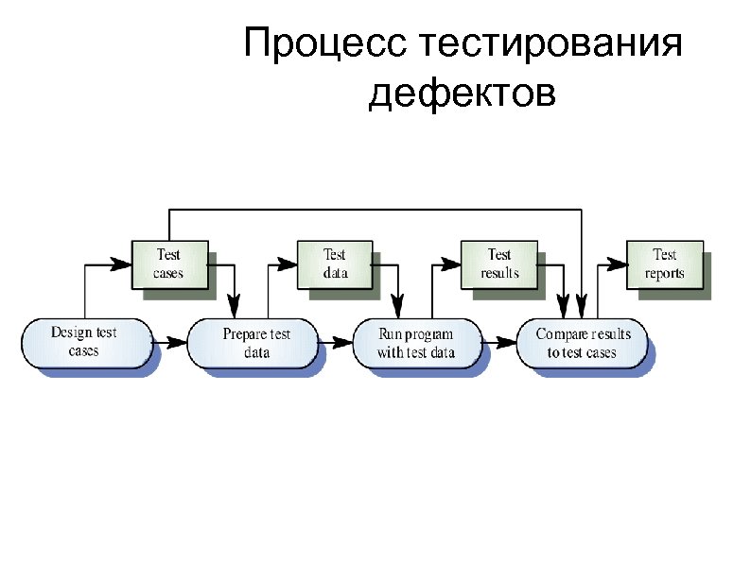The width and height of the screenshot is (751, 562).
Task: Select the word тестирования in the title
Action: click(x=547, y=44)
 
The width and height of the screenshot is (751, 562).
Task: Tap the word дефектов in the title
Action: click(x=462, y=94)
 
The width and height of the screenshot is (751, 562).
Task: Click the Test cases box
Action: click(x=168, y=264)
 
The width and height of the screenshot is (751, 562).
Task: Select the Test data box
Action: click(x=335, y=264)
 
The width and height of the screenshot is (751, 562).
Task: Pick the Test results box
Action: click(x=498, y=264)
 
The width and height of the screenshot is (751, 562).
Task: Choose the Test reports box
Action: click(x=665, y=264)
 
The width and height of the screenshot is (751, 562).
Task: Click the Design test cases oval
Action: click(x=84, y=342)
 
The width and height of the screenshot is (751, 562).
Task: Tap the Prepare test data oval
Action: click(x=255, y=343)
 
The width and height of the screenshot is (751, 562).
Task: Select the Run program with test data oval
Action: click(x=416, y=343)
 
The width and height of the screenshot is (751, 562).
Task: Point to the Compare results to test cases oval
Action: click(x=582, y=343)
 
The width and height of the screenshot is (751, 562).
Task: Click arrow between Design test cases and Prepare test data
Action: click(x=170, y=338)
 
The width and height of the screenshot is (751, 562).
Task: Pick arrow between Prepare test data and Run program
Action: click(x=336, y=338)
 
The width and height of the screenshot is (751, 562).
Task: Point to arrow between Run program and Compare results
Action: click(x=499, y=338)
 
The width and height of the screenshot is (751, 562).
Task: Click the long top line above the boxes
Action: click(x=378, y=210)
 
